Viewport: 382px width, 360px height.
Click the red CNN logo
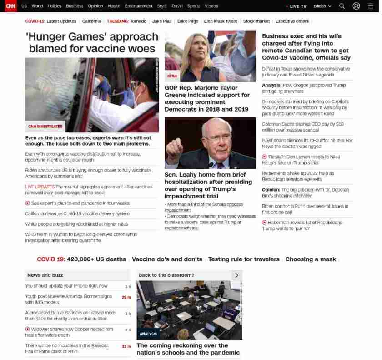10,6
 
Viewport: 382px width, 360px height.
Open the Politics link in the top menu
54,6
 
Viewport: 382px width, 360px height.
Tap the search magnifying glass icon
342,6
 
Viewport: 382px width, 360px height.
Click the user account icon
356,6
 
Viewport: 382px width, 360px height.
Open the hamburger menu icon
370,6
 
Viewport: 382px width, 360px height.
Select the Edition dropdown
322,6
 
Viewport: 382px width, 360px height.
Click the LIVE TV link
297,6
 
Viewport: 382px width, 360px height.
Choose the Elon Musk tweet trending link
221,21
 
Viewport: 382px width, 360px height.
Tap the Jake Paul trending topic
161,21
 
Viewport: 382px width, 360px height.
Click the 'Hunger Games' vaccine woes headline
92,42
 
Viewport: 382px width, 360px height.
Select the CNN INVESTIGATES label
45,127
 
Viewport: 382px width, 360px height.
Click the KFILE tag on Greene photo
172,76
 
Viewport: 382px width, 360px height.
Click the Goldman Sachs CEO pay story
302,127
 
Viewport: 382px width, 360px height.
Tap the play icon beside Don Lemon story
264,157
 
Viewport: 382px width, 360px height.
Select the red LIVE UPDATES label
40,187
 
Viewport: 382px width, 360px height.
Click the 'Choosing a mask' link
311,259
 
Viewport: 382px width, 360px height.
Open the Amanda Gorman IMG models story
68,299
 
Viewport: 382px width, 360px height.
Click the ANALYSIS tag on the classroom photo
148,334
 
